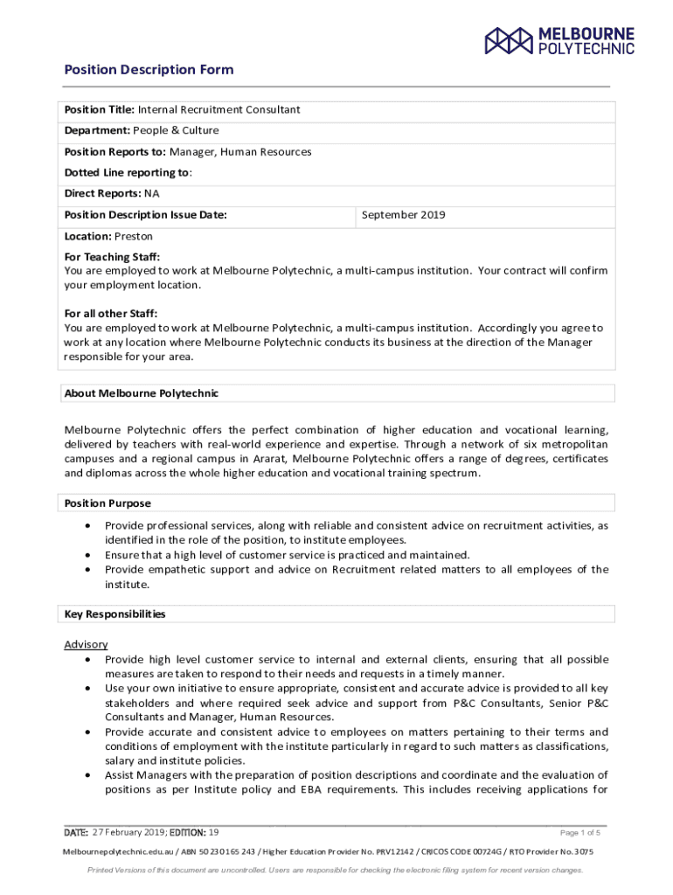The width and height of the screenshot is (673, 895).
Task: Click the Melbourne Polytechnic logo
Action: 560,40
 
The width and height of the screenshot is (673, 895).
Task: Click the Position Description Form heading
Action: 149,70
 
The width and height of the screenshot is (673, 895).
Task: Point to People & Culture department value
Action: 176,131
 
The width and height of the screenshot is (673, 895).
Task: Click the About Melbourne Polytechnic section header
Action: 142,393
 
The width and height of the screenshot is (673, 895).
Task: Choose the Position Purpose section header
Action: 108,503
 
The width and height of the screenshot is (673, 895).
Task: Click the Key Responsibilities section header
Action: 115,614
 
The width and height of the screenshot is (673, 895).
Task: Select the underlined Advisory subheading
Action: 86,645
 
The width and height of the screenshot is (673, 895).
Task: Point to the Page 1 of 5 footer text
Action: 580,833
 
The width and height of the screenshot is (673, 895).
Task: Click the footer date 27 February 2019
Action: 128,832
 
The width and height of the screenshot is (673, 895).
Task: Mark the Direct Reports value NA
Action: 152,194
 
